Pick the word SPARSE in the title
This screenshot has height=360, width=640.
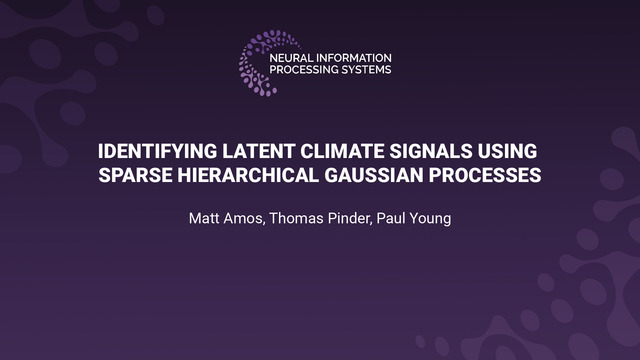143,177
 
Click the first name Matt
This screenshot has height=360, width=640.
204,218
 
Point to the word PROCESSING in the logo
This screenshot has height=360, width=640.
305,71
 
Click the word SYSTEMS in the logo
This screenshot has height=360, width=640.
367,71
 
